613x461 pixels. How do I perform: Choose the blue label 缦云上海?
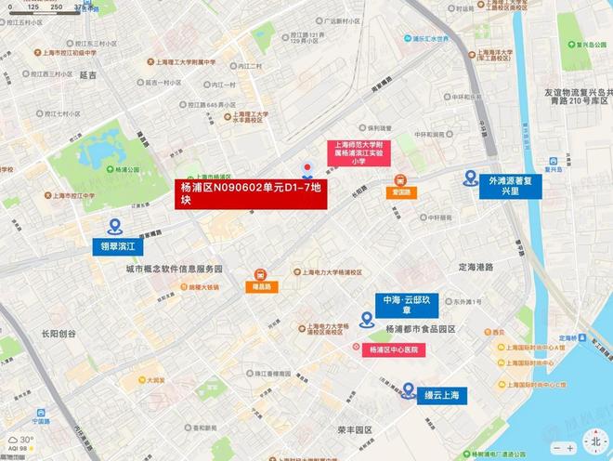[442, 395]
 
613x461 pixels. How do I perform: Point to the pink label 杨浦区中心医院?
[393, 350]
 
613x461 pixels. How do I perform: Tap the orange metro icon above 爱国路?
[401, 180]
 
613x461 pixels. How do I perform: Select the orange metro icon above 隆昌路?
[261, 275]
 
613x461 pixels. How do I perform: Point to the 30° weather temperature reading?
[27, 440]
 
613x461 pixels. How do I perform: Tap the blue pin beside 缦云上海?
[409, 390]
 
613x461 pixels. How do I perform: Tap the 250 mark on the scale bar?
[58, 7]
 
